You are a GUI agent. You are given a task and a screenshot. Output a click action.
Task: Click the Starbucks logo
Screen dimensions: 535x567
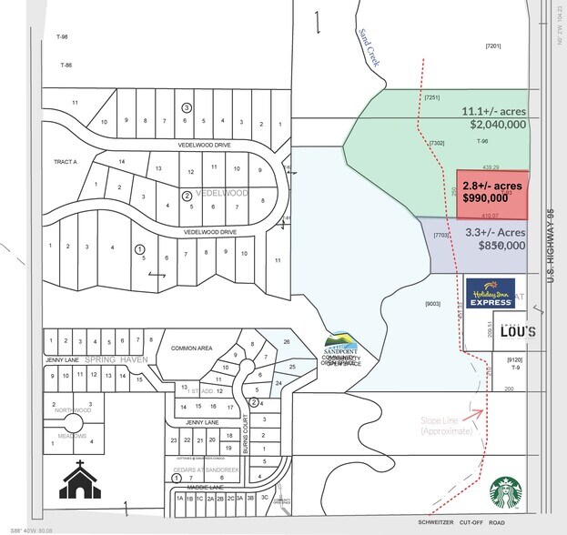(511, 493)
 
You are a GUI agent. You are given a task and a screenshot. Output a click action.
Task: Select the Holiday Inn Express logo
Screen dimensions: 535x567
(491, 293)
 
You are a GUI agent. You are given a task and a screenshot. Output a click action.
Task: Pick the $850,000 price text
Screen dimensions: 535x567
(497, 245)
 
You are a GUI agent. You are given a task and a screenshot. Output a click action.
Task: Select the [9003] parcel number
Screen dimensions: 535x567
(433, 304)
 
